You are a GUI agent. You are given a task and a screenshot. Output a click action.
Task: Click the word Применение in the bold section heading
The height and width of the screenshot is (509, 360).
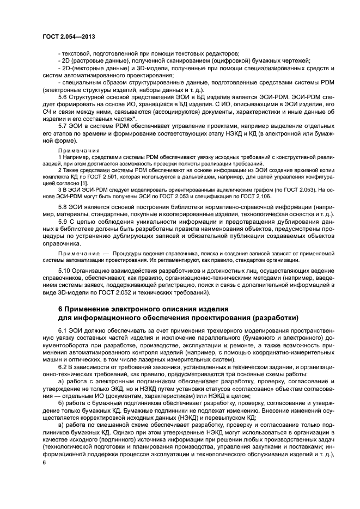[x=87, y=309]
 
